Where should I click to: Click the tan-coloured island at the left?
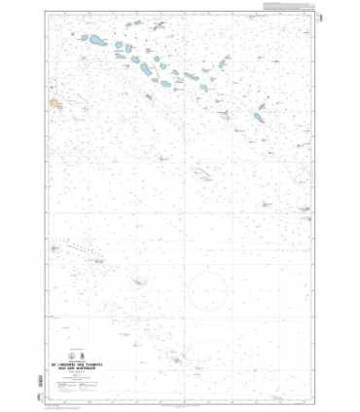pos(59,100)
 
